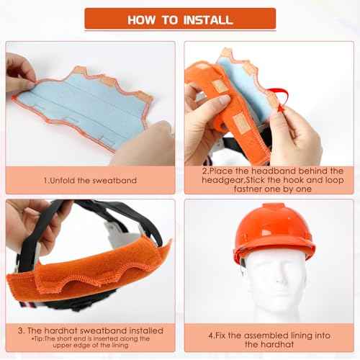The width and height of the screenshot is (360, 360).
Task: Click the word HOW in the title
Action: click(144, 19)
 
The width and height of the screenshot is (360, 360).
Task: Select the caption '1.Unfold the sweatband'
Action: click(90, 180)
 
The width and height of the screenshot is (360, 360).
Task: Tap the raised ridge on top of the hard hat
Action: click(273, 208)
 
